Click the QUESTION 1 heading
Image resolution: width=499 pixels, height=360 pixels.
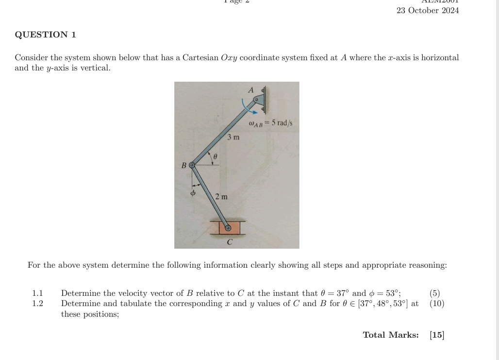coord(45,34)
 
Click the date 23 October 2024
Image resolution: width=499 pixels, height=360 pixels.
coord(427,11)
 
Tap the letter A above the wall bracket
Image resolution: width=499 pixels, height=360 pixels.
coord(251,90)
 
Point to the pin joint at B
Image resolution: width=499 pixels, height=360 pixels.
coord(192,165)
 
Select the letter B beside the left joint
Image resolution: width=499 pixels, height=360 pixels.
coord(184,166)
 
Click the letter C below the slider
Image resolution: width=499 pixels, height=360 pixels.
coord(230,241)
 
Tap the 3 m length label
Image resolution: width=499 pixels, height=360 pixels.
coord(233,137)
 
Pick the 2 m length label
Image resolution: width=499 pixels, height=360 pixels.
coord(221,197)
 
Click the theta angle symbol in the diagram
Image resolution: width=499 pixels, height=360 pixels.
coord(215,157)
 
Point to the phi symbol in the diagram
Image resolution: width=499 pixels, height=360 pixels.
coord(193,193)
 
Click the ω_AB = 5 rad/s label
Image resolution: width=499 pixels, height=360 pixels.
coord(270,123)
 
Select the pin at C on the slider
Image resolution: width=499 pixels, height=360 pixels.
coord(227,227)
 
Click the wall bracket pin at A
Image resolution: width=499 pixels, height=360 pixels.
coord(256,99)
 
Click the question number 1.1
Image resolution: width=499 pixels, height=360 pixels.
coord(37,293)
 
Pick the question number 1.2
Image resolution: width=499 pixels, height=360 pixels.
coord(37,304)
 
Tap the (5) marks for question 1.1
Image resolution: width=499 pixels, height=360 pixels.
coord(435,293)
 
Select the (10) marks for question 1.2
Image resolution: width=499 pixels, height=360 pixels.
coord(437,304)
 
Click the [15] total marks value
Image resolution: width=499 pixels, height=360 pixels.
coord(437,335)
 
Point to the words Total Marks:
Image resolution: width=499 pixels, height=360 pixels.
coord(390,335)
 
